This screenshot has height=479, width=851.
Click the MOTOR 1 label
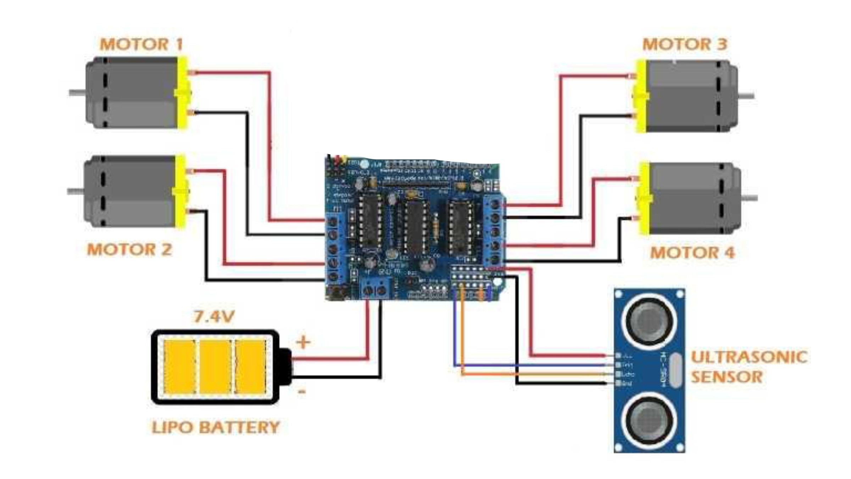coord(141,45)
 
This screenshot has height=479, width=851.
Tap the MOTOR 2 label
coord(129,249)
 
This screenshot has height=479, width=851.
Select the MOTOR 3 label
coord(685,45)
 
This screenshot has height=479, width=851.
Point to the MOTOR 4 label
coord(692,253)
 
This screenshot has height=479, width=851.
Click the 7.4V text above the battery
coord(214,316)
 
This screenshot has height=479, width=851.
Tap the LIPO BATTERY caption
coord(216,427)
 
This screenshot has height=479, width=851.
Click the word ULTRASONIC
coord(749,357)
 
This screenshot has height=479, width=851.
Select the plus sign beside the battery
coord(303,342)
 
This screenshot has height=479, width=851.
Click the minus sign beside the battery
coord(302,392)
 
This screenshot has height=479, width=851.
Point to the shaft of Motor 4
coord(749,198)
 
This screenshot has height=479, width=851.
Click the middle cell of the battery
coord(215,367)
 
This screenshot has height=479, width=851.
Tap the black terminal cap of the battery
coord(285,367)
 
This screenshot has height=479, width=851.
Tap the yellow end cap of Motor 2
coord(181,192)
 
